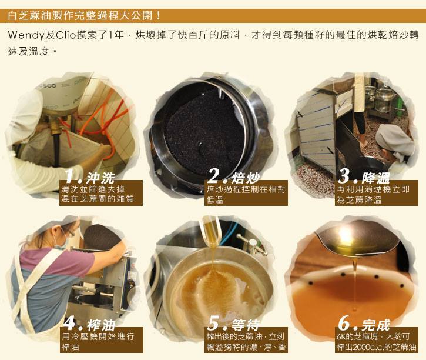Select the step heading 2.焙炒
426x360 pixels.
coord(234,176)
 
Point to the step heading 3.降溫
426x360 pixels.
coord(364,176)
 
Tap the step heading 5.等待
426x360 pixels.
coord(234,324)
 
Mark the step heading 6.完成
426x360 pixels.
coord(364,324)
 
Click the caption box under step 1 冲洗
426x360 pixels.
coord(101,193)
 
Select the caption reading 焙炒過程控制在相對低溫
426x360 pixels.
coord(246,194)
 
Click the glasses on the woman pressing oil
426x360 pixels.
coord(69,232)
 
